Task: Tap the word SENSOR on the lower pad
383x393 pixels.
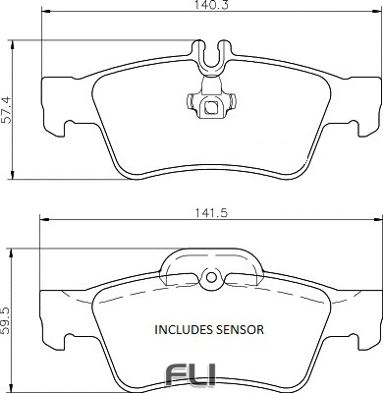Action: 241,332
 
